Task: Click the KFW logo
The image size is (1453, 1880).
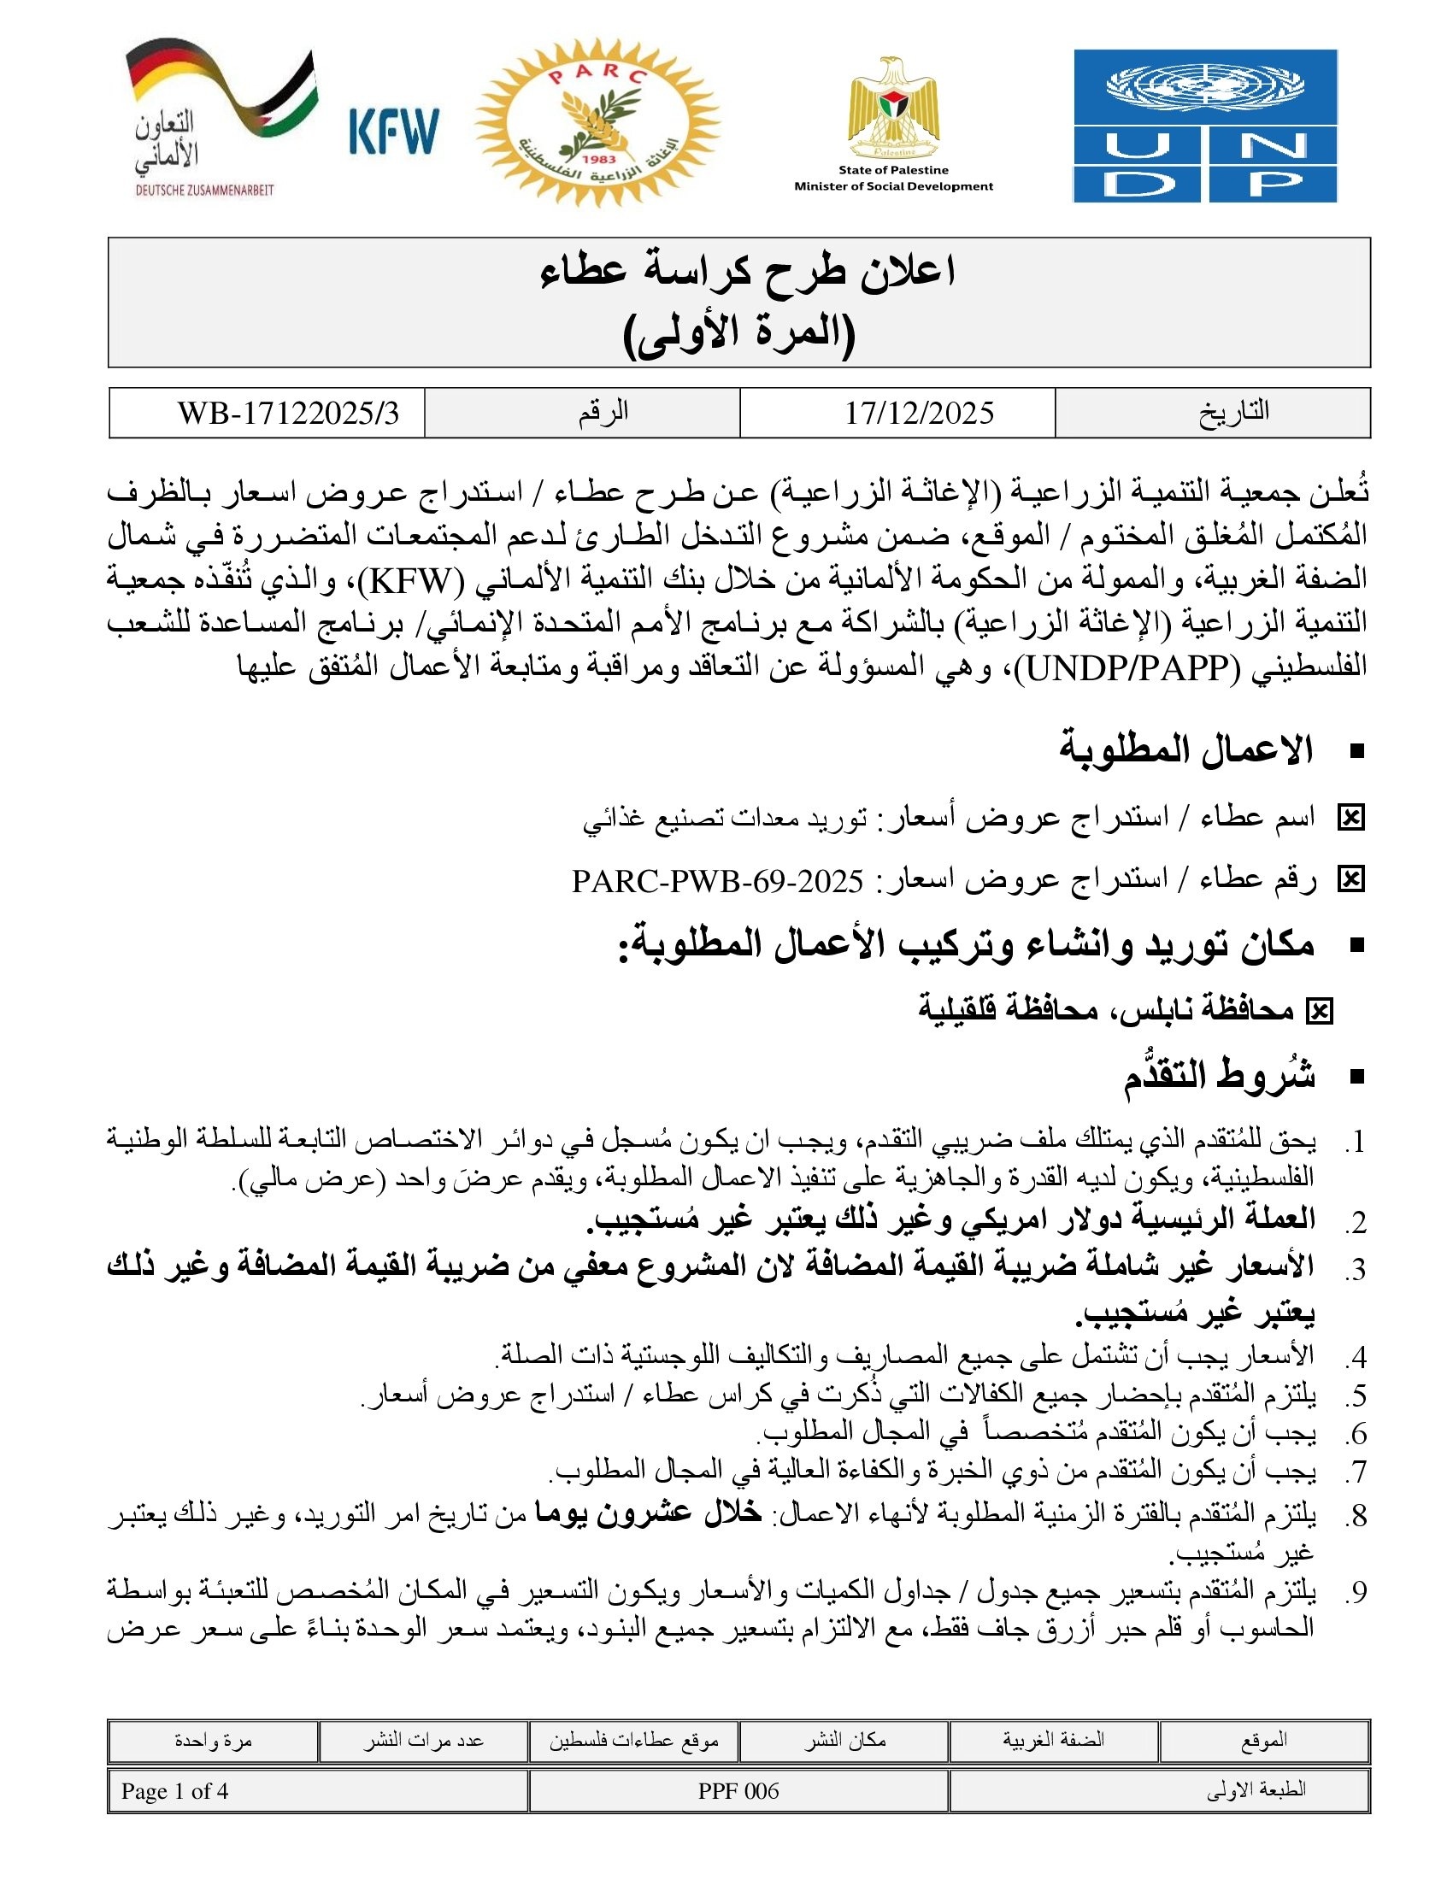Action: pyautogui.click(x=394, y=131)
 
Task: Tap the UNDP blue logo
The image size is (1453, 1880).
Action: pyautogui.click(x=1204, y=126)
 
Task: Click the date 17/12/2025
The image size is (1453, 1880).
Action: pyautogui.click(x=919, y=414)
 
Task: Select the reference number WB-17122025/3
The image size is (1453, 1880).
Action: pyautogui.click(x=288, y=414)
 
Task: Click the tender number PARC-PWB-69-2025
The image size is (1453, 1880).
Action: pyautogui.click(x=718, y=880)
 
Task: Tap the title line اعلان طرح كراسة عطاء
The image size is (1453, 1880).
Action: pyautogui.click(x=747, y=273)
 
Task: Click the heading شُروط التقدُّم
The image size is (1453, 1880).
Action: pyautogui.click(x=1219, y=1076)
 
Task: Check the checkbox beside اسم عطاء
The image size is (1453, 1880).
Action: pyautogui.click(x=1350, y=818)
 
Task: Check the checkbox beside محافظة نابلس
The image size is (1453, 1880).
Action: pyautogui.click(x=1319, y=1012)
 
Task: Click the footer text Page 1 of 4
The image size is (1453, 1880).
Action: pyautogui.click(x=174, y=1791)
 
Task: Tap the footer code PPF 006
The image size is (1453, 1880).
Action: pyautogui.click(x=738, y=1791)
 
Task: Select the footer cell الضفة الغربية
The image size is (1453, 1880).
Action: pyautogui.click(x=1053, y=1740)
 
